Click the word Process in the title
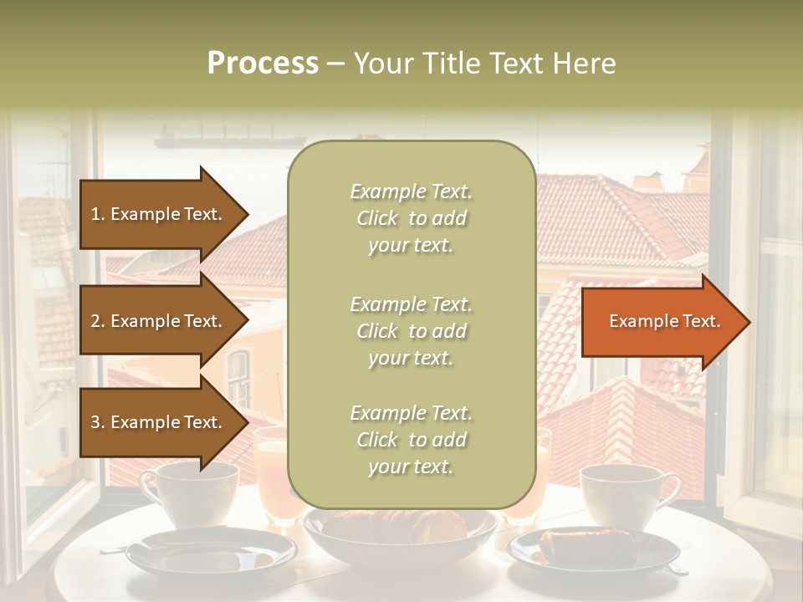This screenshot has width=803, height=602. pyautogui.click(x=263, y=64)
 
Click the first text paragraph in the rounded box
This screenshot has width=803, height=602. pyautogui.click(x=411, y=218)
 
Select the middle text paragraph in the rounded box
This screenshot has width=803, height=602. pyautogui.click(x=411, y=331)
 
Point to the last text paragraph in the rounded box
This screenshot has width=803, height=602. pyautogui.click(x=411, y=440)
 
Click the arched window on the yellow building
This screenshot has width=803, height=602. pyautogui.click(x=239, y=376)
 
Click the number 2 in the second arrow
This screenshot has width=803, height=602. pyautogui.click(x=95, y=321)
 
